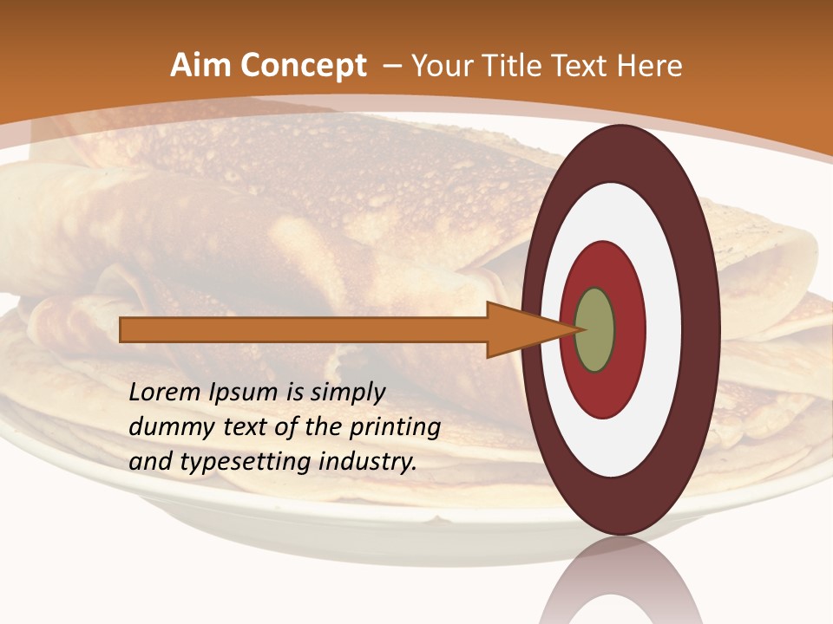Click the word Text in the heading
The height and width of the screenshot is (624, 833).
point(581,66)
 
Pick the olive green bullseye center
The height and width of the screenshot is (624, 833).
point(595,330)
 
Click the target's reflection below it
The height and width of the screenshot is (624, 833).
point(620,585)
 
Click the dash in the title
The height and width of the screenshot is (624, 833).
point(391,66)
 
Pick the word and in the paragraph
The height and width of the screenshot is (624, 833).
point(150,462)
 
